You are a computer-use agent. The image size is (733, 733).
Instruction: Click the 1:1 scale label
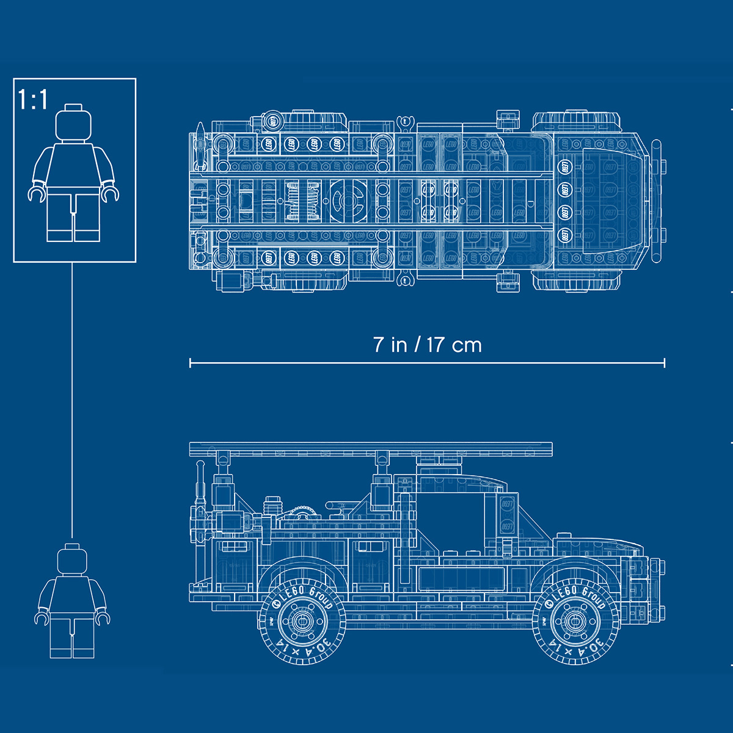pos(33,100)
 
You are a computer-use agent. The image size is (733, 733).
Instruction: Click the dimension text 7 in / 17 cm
pos(428,345)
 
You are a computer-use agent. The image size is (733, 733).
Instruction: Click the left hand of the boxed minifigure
pos(37,194)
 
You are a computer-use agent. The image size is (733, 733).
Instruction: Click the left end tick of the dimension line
pos(190,363)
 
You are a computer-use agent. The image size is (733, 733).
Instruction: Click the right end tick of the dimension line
pos(664,363)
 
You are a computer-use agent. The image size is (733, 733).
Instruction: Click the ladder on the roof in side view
pos(371,450)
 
